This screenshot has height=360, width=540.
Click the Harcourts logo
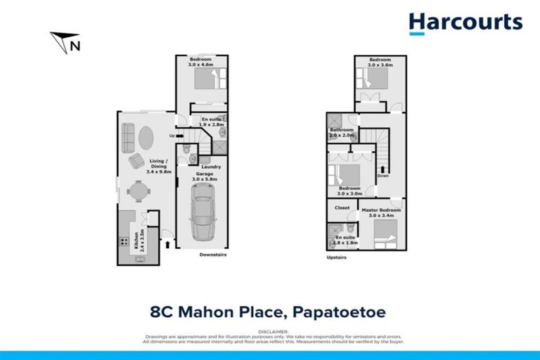(465, 23)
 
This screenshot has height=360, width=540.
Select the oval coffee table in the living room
(143, 138)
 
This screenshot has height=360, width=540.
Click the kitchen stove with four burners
(124, 242)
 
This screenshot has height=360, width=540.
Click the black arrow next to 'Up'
(179, 136)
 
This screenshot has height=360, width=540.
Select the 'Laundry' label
(212, 167)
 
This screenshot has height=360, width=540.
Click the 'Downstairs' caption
(212, 255)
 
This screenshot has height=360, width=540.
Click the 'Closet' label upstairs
(342, 208)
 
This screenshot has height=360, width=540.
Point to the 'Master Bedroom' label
(380, 210)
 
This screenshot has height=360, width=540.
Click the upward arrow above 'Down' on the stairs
(382, 169)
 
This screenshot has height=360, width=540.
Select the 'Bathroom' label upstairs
(342, 130)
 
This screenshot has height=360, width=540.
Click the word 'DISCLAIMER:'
(270, 330)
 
